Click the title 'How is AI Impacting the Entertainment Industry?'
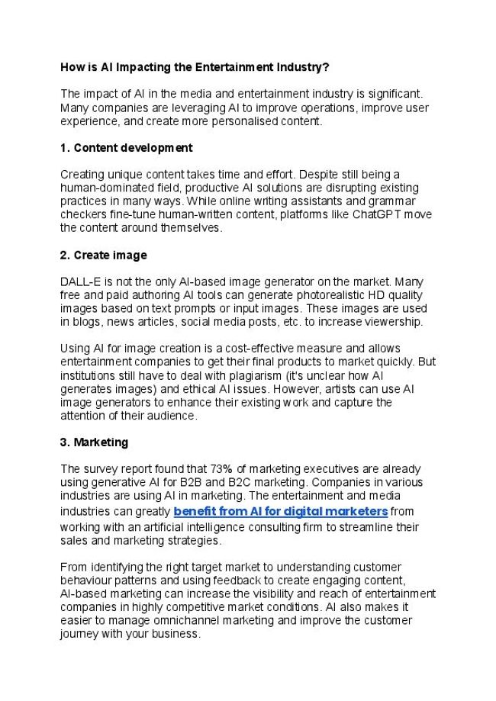click(195, 67)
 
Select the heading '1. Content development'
click(126, 147)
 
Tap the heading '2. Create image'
click(103, 255)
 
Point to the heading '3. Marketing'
click(94, 442)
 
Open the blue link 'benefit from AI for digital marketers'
click(281, 510)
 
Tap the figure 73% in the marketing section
click(221, 469)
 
